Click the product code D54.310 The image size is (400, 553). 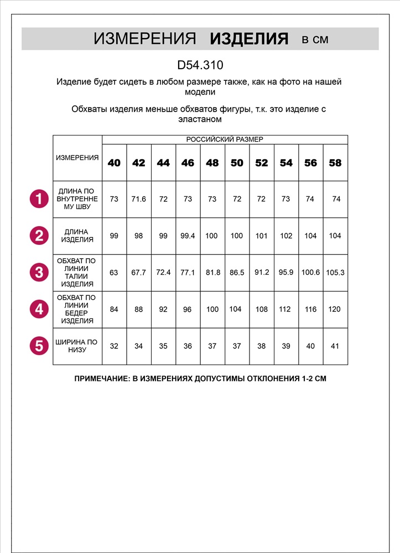click(200, 65)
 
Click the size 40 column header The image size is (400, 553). click(114, 163)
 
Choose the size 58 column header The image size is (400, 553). click(335, 163)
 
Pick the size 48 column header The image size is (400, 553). click(212, 163)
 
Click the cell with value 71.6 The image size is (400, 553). click(138, 199)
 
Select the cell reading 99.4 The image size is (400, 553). click(188, 236)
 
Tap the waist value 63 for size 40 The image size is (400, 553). click(114, 273)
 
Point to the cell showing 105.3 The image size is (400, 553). click(336, 273)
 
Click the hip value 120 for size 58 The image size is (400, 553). click(335, 309)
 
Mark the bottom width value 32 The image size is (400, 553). click(114, 346)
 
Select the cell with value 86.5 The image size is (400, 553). click(237, 273)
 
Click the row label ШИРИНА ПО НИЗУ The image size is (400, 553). click(77, 346)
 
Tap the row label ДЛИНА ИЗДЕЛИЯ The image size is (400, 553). click(77, 236)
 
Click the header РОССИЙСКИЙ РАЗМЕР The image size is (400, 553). click(225, 139)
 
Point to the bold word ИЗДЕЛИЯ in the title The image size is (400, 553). click(250, 39)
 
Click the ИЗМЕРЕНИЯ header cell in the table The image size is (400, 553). click(77, 158)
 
